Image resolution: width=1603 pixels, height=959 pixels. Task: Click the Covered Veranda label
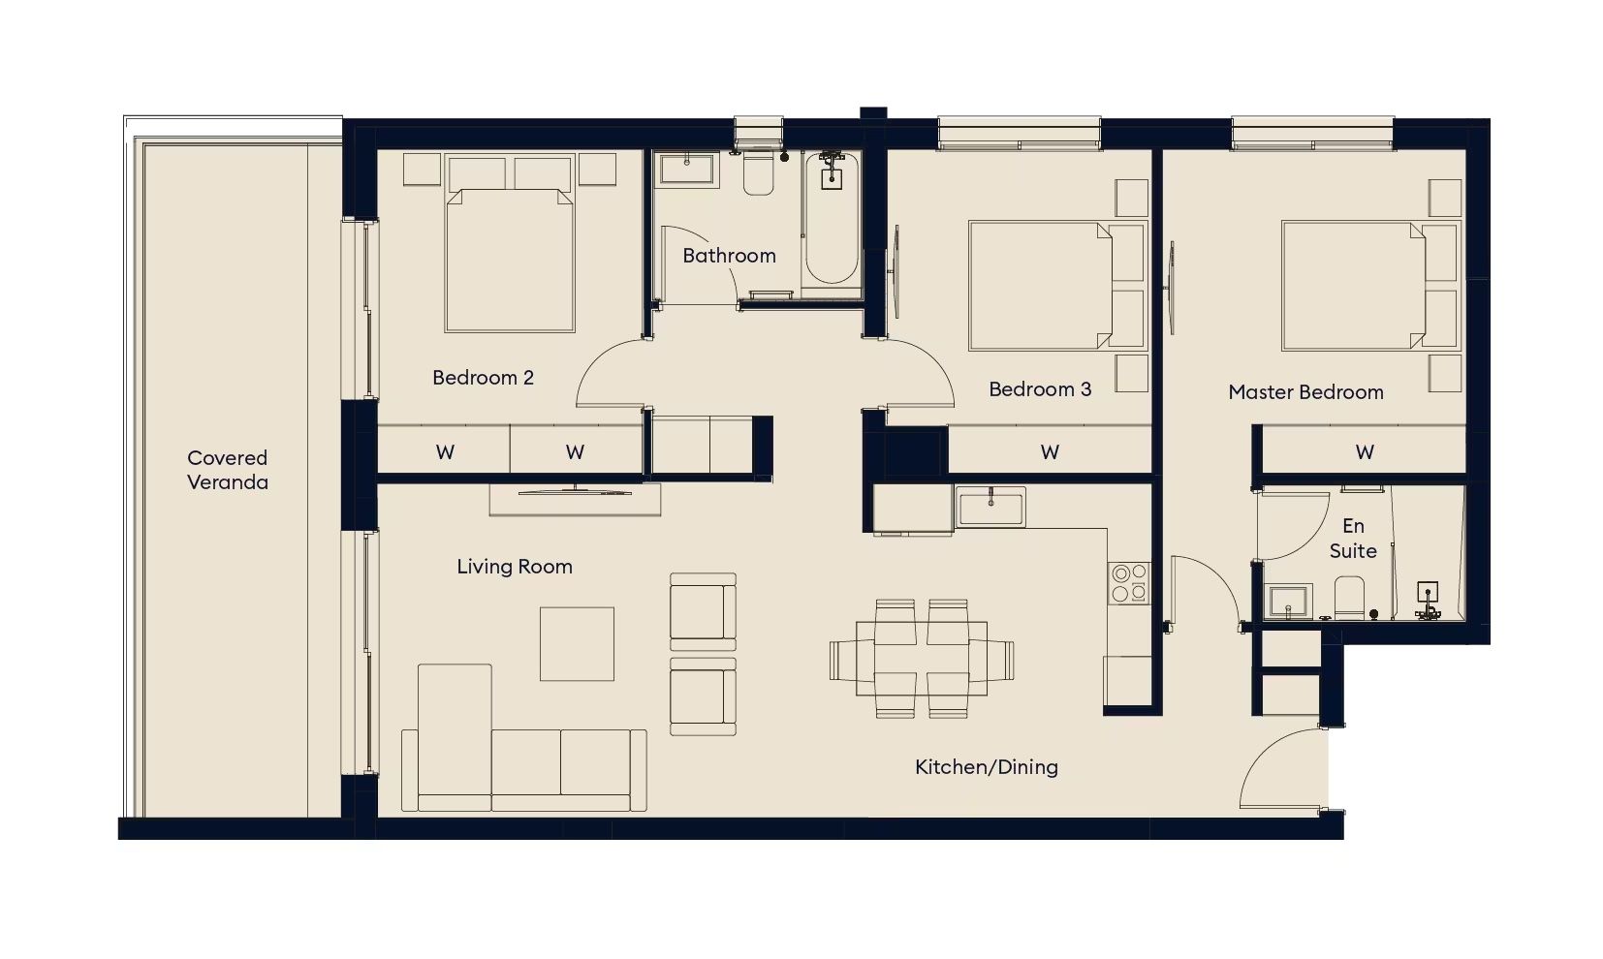coord(228,470)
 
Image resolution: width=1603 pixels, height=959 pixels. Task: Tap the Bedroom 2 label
coord(483,378)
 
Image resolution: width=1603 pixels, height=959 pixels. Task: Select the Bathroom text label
coord(729,256)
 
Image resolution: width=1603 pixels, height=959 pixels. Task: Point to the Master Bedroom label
coord(1306,392)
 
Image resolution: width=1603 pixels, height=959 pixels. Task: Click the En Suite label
coord(1353,539)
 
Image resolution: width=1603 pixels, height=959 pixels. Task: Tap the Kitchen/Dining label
coord(987,767)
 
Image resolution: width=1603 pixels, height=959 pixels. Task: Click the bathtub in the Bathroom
coord(831,218)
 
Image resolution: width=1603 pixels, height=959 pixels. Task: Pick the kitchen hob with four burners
coord(1129,583)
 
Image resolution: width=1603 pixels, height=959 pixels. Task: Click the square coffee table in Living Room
coord(577,644)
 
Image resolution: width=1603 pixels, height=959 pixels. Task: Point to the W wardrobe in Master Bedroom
coord(1364,451)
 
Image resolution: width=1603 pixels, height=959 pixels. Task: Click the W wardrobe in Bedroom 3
coord(1050,451)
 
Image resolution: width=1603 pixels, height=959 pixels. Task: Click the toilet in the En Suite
coord(1350,598)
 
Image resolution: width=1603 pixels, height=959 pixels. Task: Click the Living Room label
coord(515,567)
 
